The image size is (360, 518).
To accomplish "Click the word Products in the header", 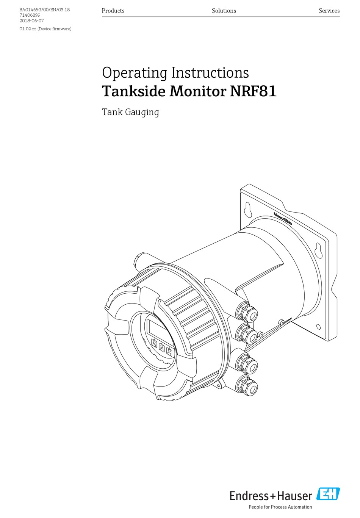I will click(x=113, y=11).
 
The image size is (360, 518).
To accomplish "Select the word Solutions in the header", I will click(x=224, y=11).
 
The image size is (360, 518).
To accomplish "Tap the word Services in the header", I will click(x=329, y=11).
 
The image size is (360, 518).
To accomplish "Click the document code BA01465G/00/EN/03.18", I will click(x=45, y=9).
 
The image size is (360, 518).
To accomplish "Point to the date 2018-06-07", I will click(x=31, y=21).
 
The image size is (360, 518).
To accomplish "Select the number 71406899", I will click(x=30, y=15).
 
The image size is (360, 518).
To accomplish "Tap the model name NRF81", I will click(x=253, y=91).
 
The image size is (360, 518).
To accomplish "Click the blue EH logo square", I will click(x=328, y=494).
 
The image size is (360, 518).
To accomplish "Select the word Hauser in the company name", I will click(x=294, y=496).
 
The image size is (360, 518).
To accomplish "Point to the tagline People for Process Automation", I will click(x=280, y=507).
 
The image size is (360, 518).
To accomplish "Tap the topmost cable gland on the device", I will click(x=247, y=312).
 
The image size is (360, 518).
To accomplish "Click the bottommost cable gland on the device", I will click(x=247, y=386).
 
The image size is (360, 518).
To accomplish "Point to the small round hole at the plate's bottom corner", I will click(x=318, y=327).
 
